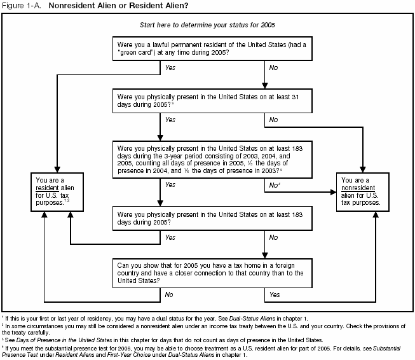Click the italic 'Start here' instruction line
pos(207,25)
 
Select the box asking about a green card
pos(212,49)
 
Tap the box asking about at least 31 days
pos(212,102)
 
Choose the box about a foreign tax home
pos(212,272)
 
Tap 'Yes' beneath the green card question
pos(170,67)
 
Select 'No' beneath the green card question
pos(273,67)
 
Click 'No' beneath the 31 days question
pos(273,120)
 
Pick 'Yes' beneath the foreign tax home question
pos(275,294)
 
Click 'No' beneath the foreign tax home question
pos(170,294)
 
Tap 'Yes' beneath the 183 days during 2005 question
pos(170,237)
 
